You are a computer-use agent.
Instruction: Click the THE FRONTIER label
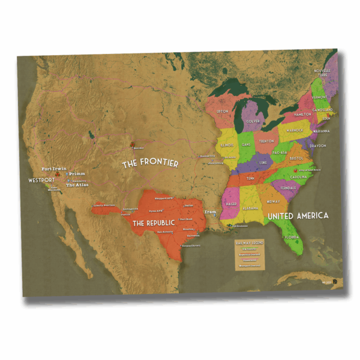point(150,163)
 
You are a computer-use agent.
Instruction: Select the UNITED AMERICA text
point(298,215)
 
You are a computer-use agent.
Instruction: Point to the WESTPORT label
point(42,180)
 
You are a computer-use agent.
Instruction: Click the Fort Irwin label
point(53,169)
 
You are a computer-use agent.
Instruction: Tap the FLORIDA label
point(292,236)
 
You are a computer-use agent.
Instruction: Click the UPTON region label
point(223,112)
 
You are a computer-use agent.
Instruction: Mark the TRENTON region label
point(266,141)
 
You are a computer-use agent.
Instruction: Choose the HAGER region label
point(232,204)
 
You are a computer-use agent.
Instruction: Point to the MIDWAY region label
point(273,202)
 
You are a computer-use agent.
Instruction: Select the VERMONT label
point(319,97)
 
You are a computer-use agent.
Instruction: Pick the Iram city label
point(210,212)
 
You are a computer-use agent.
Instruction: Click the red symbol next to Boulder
point(131,144)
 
